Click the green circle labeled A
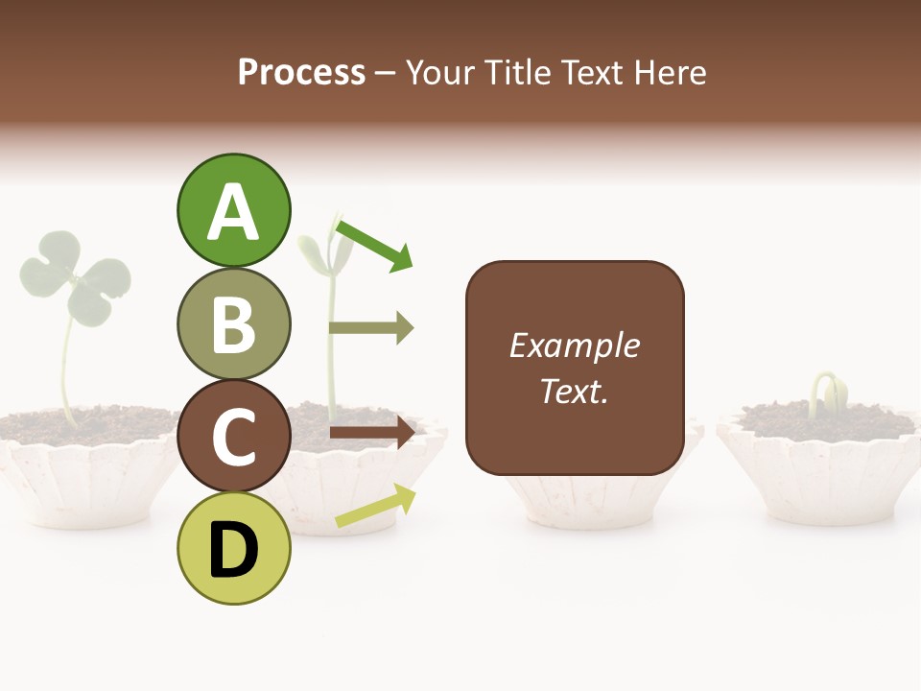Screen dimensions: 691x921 [233, 210]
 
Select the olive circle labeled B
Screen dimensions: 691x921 [233, 323]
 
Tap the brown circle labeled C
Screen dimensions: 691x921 [233, 436]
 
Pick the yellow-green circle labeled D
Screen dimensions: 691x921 [233, 548]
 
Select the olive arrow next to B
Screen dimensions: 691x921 [371, 328]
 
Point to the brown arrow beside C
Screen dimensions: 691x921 [371, 432]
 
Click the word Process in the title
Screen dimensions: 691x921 [301, 73]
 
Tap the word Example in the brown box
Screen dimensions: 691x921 [574, 345]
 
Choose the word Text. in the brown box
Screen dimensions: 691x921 [574, 391]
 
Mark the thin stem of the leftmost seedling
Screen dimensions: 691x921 [65, 374]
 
